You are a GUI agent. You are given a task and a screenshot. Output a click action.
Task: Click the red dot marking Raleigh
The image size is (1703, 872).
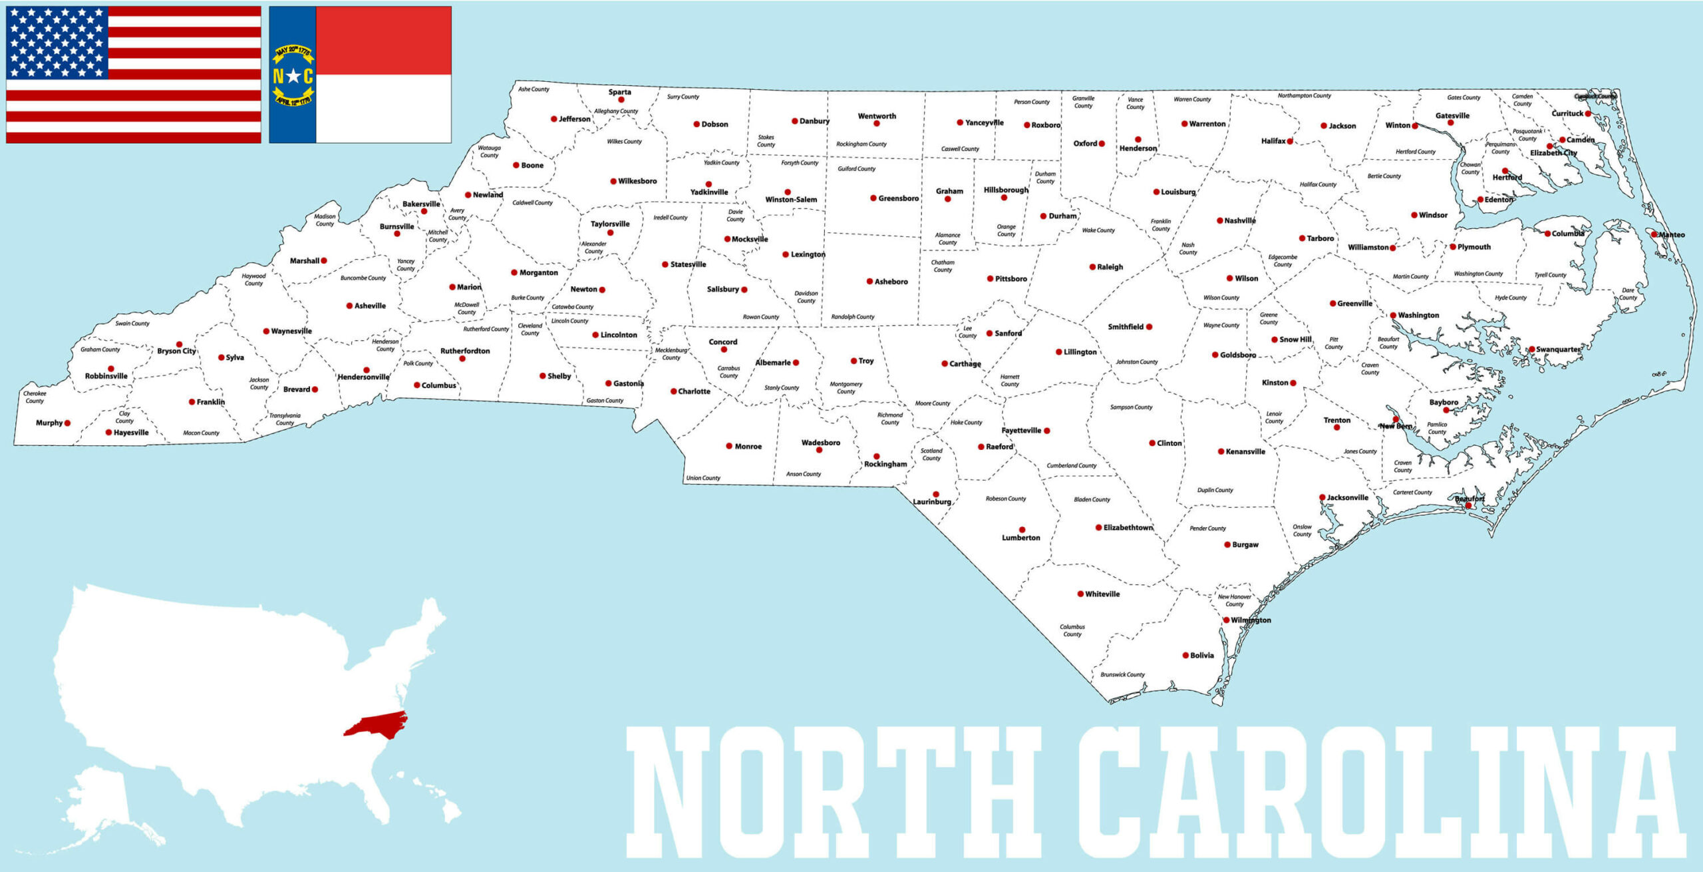[1092, 267]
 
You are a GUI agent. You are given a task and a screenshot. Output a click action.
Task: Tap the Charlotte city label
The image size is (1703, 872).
[694, 391]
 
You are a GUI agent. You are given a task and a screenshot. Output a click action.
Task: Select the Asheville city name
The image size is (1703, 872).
[370, 306]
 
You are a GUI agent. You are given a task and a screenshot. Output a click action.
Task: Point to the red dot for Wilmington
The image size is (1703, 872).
[1226, 620]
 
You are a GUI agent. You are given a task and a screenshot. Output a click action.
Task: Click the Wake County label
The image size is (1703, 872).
[1098, 230]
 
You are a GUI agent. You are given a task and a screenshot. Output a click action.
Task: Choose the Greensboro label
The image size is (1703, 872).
[898, 198]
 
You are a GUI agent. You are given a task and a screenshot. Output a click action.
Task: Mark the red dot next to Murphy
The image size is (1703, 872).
[67, 423]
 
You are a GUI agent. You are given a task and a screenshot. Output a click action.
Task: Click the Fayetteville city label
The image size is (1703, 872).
[1021, 431]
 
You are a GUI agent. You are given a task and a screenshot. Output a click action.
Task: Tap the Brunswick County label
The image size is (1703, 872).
[1122, 674]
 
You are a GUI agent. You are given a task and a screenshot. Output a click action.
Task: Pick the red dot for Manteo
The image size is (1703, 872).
[1654, 234]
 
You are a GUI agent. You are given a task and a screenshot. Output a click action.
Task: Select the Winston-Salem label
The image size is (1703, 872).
[791, 200]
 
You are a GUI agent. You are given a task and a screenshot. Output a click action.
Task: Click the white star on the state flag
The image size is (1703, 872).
[293, 76]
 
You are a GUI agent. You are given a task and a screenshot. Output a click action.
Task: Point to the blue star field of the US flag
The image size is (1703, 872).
[57, 42]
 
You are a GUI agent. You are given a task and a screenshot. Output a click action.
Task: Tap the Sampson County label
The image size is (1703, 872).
[1131, 407]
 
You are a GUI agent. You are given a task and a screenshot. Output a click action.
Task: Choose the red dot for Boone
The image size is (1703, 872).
[516, 165]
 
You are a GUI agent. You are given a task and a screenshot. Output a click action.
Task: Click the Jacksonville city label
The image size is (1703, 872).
[1347, 497]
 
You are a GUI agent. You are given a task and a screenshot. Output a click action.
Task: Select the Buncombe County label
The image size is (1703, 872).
[363, 278]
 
